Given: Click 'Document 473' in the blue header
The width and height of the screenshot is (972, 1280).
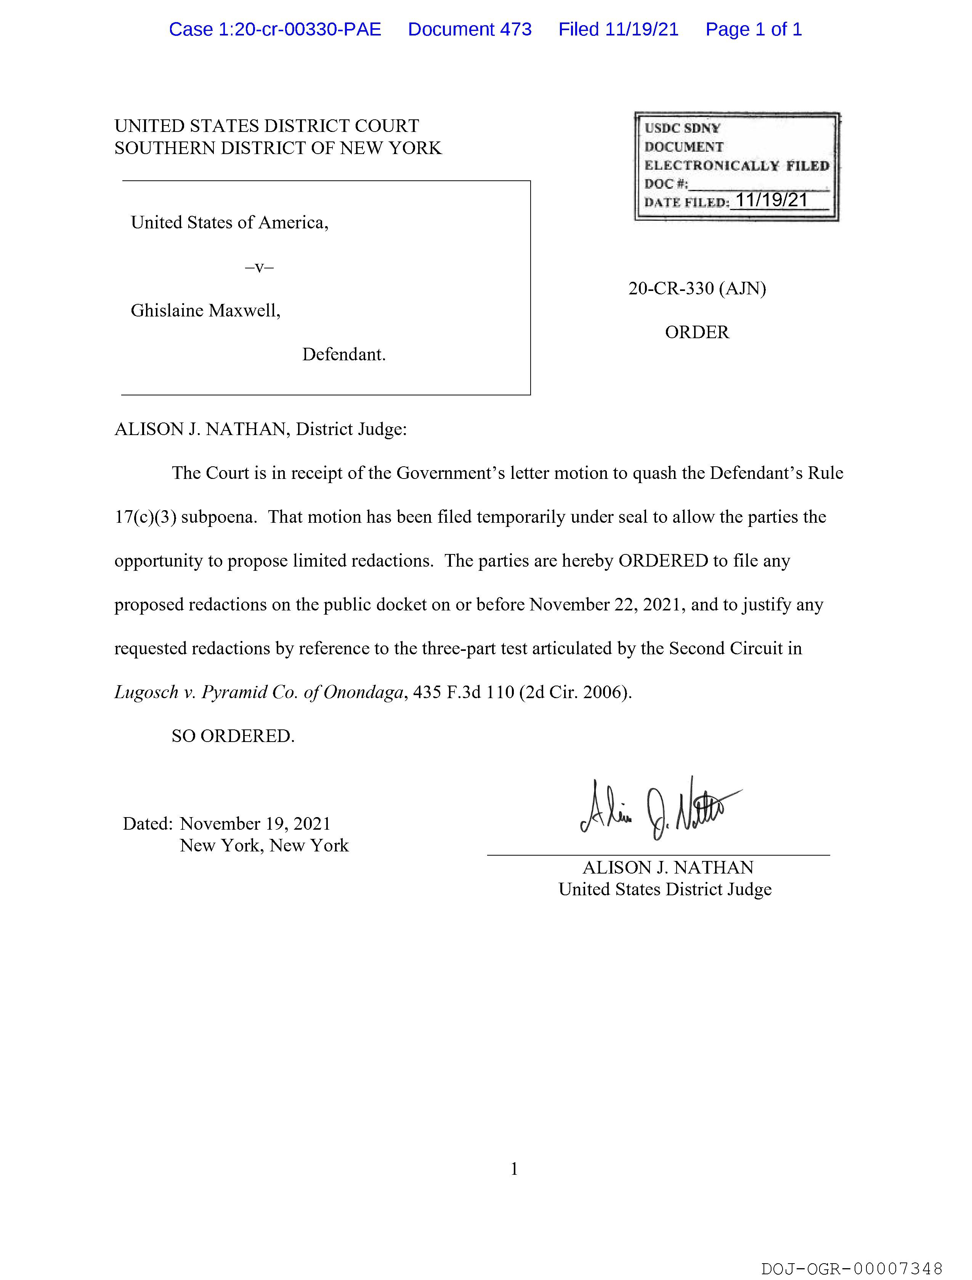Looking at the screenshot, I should pos(469,29).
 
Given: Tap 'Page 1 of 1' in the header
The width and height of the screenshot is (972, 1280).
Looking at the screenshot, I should pos(753,29).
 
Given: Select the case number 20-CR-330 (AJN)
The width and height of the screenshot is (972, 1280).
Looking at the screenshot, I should pos(697,288).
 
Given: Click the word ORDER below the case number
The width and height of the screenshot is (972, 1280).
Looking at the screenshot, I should pos(697,332).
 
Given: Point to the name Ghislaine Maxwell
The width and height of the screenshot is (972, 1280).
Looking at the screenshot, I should pos(205,311).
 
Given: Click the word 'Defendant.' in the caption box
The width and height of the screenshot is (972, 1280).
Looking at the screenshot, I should pos(344,354).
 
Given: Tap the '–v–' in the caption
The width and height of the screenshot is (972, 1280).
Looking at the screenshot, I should pos(259,267).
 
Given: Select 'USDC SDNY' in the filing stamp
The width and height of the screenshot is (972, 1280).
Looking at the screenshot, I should pos(682,128).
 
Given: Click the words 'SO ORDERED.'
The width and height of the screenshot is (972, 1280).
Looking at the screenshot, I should pos(233,736).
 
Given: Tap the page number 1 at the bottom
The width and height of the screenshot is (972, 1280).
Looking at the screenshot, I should pos(514,1169).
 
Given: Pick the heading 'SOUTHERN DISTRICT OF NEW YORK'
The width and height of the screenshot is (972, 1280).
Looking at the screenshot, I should pos(278,148).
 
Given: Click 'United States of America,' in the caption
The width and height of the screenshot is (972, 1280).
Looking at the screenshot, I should pos(230,223).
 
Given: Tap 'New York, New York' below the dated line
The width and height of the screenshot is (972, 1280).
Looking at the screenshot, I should pos(265,845).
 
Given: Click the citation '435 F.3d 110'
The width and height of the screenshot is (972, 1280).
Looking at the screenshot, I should pos(464,692).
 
